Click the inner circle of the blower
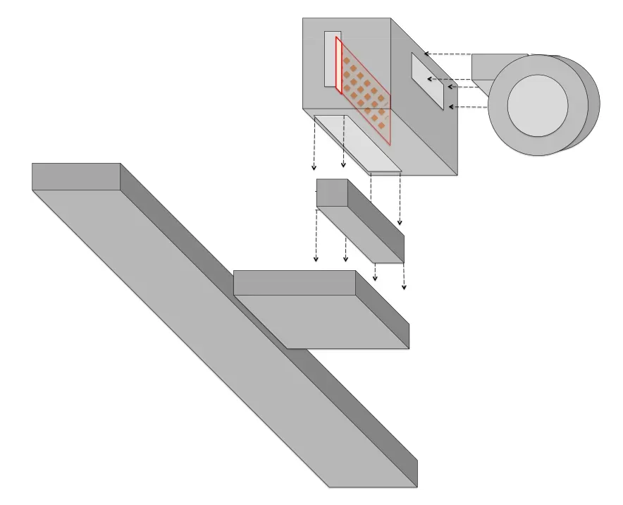pos(537,105)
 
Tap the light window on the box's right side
pos(427,80)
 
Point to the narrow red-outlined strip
pos(338,66)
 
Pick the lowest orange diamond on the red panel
pos(382,126)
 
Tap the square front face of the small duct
pos(332,193)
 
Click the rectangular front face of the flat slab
pos(294,283)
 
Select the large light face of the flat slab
pos(324,321)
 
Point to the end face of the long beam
pos(75,176)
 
